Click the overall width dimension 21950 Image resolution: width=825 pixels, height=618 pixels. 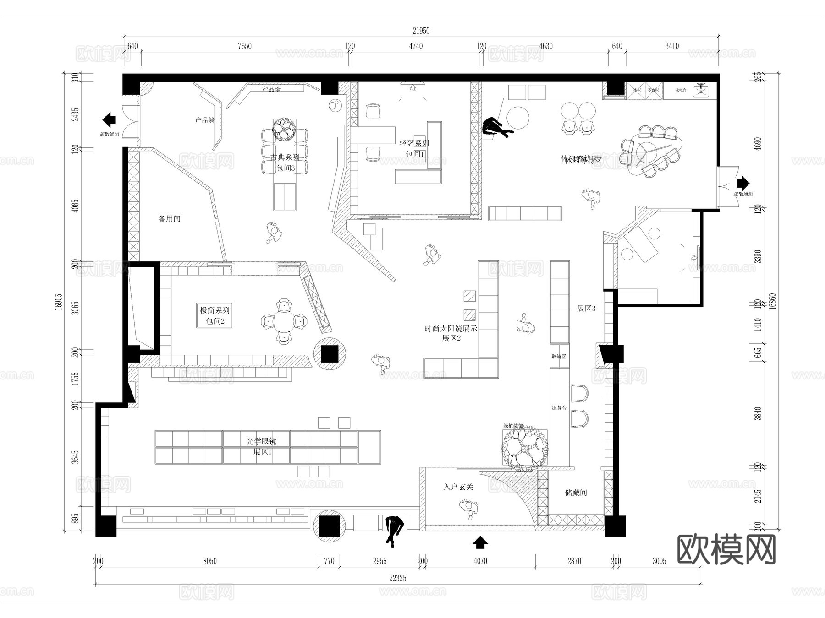point(421,31)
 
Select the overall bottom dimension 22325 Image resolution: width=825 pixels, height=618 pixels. point(397,578)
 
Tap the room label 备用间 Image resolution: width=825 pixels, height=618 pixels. point(170,219)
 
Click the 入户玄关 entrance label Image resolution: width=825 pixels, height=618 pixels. point(458,488)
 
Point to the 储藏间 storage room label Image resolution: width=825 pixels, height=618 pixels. point(576,493)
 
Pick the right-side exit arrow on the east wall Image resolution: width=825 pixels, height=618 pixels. point(742,184)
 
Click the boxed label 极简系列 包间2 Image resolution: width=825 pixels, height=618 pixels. point(214,315)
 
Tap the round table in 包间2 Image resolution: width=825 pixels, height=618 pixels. point(284,321)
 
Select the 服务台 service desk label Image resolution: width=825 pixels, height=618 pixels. point(559,407)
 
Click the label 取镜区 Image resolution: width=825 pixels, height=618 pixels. point(559,357)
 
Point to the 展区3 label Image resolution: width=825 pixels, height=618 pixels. point(586,309)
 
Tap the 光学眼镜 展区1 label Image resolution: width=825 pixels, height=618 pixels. point(261,446)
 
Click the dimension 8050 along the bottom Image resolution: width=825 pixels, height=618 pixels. point(209,561)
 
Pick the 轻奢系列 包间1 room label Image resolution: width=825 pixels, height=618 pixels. point(414,149)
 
